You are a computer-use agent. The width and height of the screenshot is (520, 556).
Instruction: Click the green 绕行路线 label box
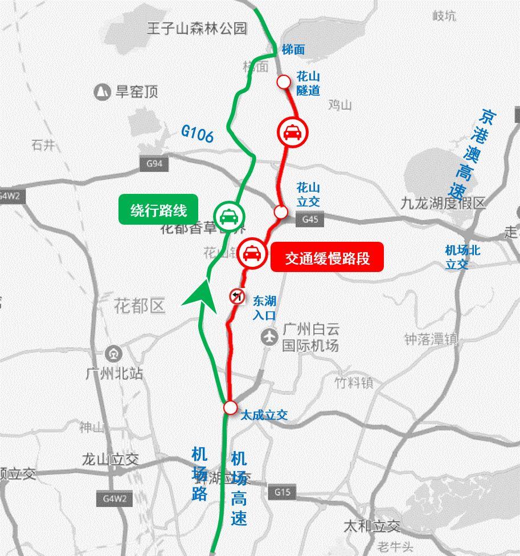(158, 210)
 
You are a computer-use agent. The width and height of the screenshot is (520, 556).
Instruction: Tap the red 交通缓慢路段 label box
(327, 258)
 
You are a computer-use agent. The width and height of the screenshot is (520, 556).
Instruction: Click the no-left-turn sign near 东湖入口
(237, 296)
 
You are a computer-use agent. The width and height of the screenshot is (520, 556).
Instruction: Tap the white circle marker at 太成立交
(230, 407)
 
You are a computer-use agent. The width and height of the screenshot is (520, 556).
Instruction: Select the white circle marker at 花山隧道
(283, 82)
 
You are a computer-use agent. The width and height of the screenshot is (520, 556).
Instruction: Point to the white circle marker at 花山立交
(280, 212)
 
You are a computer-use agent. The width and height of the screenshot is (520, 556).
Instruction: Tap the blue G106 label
(198, 133)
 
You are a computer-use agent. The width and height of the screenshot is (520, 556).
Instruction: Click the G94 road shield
(154, 164)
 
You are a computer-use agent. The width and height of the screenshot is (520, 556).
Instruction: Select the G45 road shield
(310, 219)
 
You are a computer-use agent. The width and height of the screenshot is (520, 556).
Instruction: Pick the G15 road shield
(282, 492)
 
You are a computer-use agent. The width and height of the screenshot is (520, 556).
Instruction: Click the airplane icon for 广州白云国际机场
(269, 337)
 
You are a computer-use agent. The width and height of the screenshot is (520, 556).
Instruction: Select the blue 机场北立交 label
(463, 257)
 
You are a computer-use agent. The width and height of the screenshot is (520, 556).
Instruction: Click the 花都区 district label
(140, 306)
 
